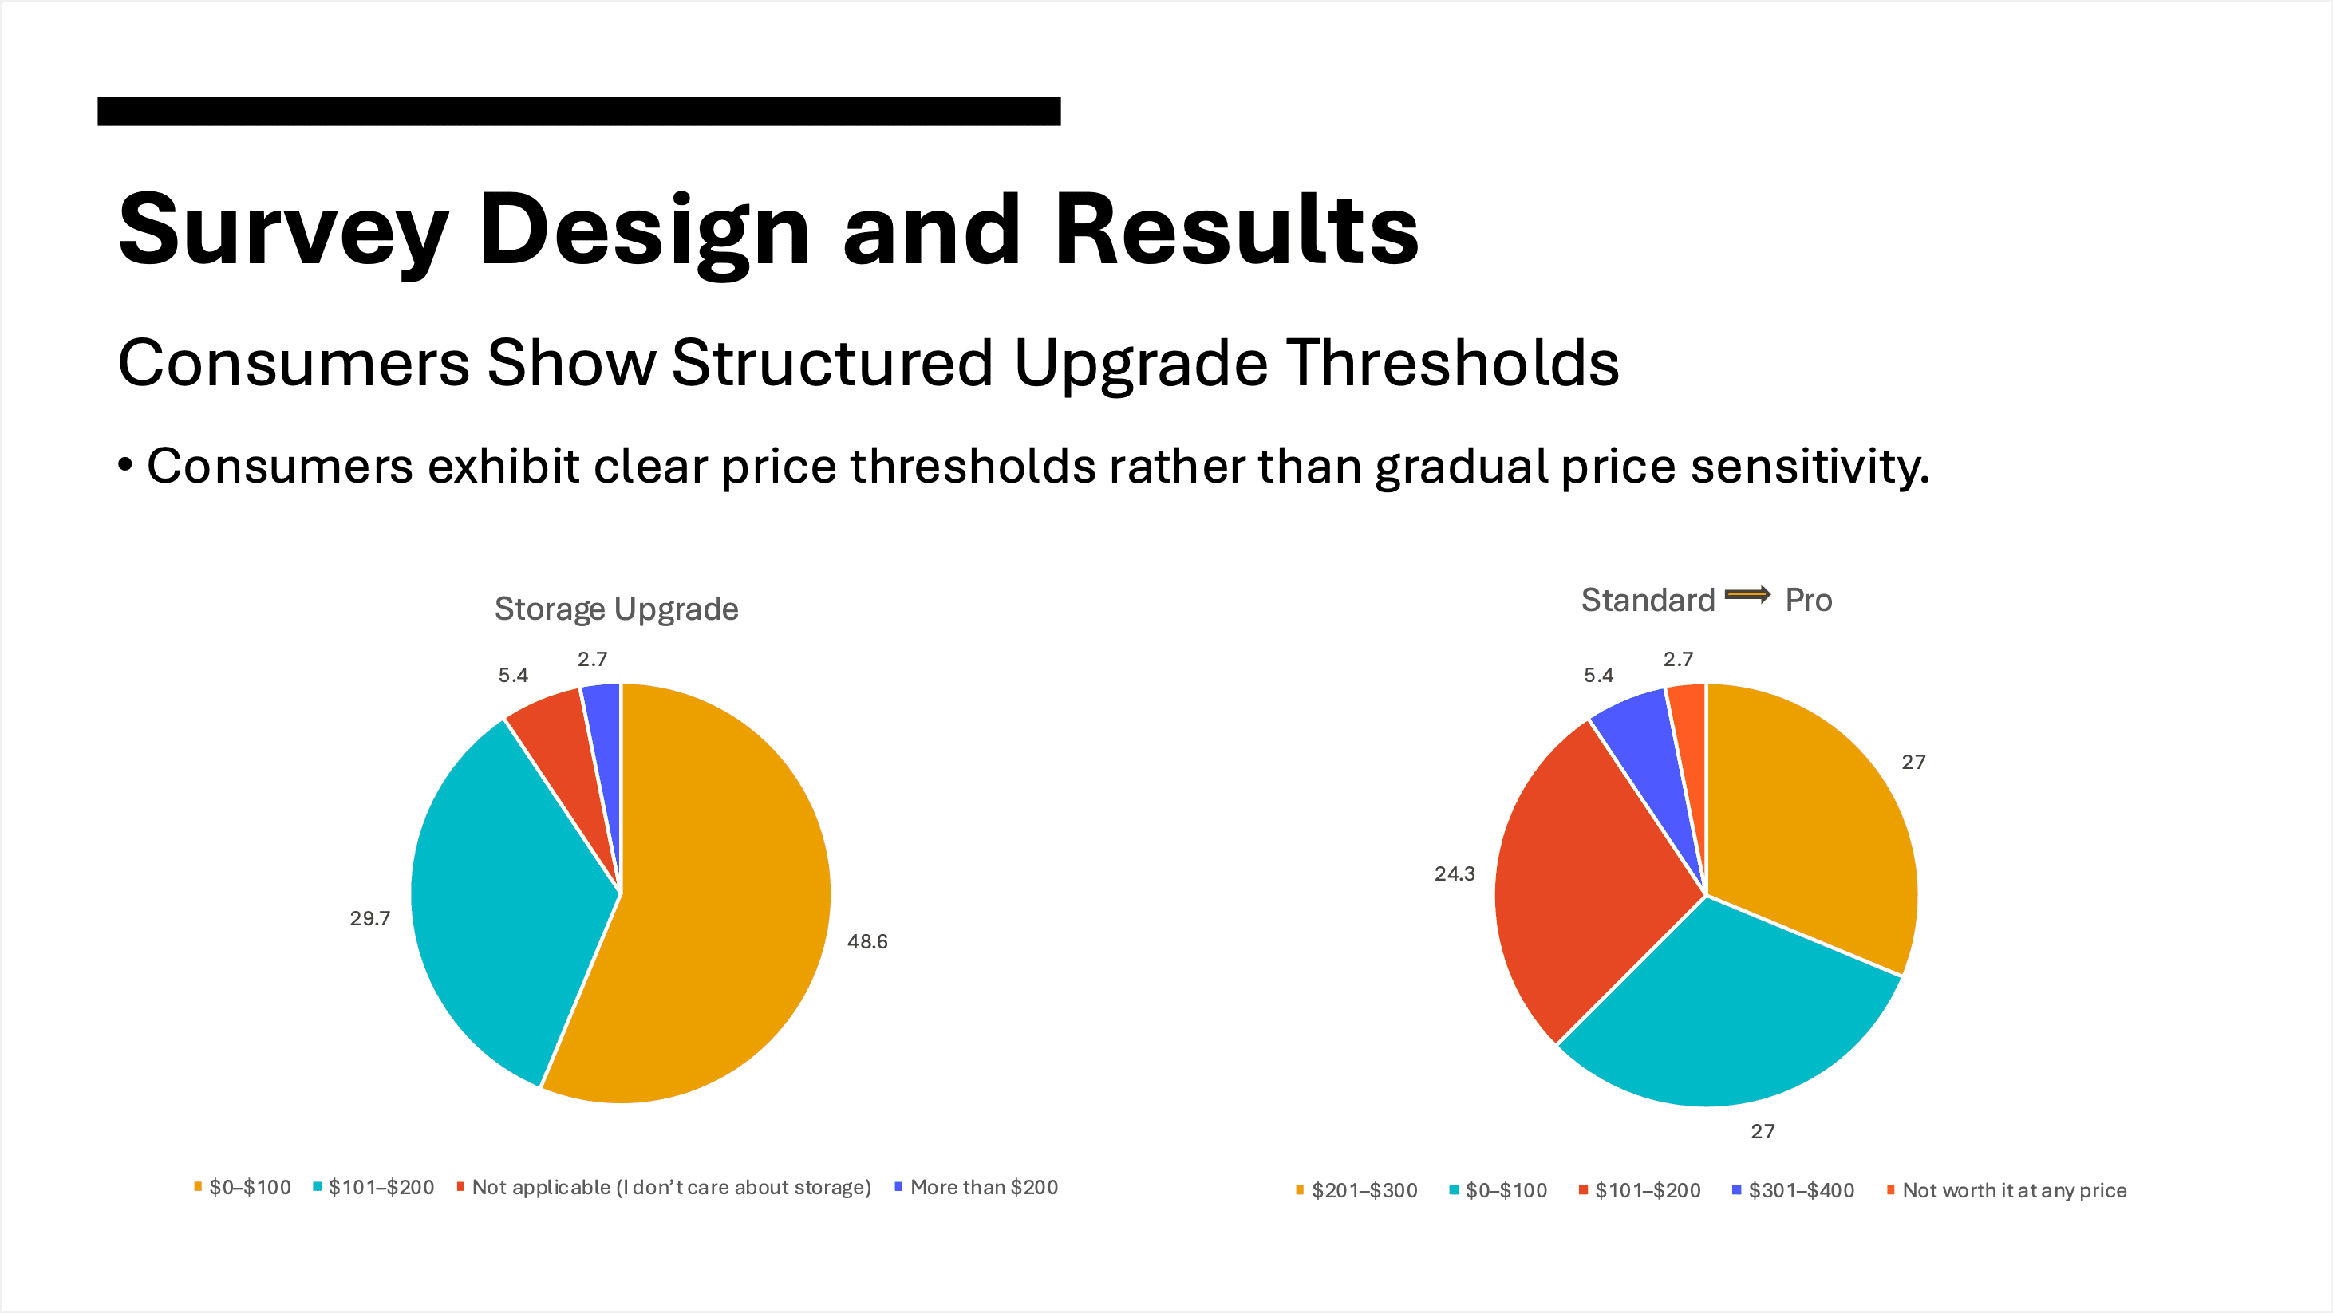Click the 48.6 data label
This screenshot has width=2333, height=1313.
coord(866,942)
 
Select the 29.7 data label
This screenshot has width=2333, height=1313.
coord(369,918)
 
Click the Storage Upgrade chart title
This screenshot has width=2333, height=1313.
coord(616,609)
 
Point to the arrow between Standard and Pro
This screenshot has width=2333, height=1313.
coord(1747,595)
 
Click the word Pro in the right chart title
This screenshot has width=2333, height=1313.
coord(1808,601)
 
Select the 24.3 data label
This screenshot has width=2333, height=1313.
coord(1454,873)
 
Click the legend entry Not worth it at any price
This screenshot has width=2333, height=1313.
coord(2013,1190)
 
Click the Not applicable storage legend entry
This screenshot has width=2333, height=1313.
coord(670,1187)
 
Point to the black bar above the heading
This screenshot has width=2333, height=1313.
coord(578,110)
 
